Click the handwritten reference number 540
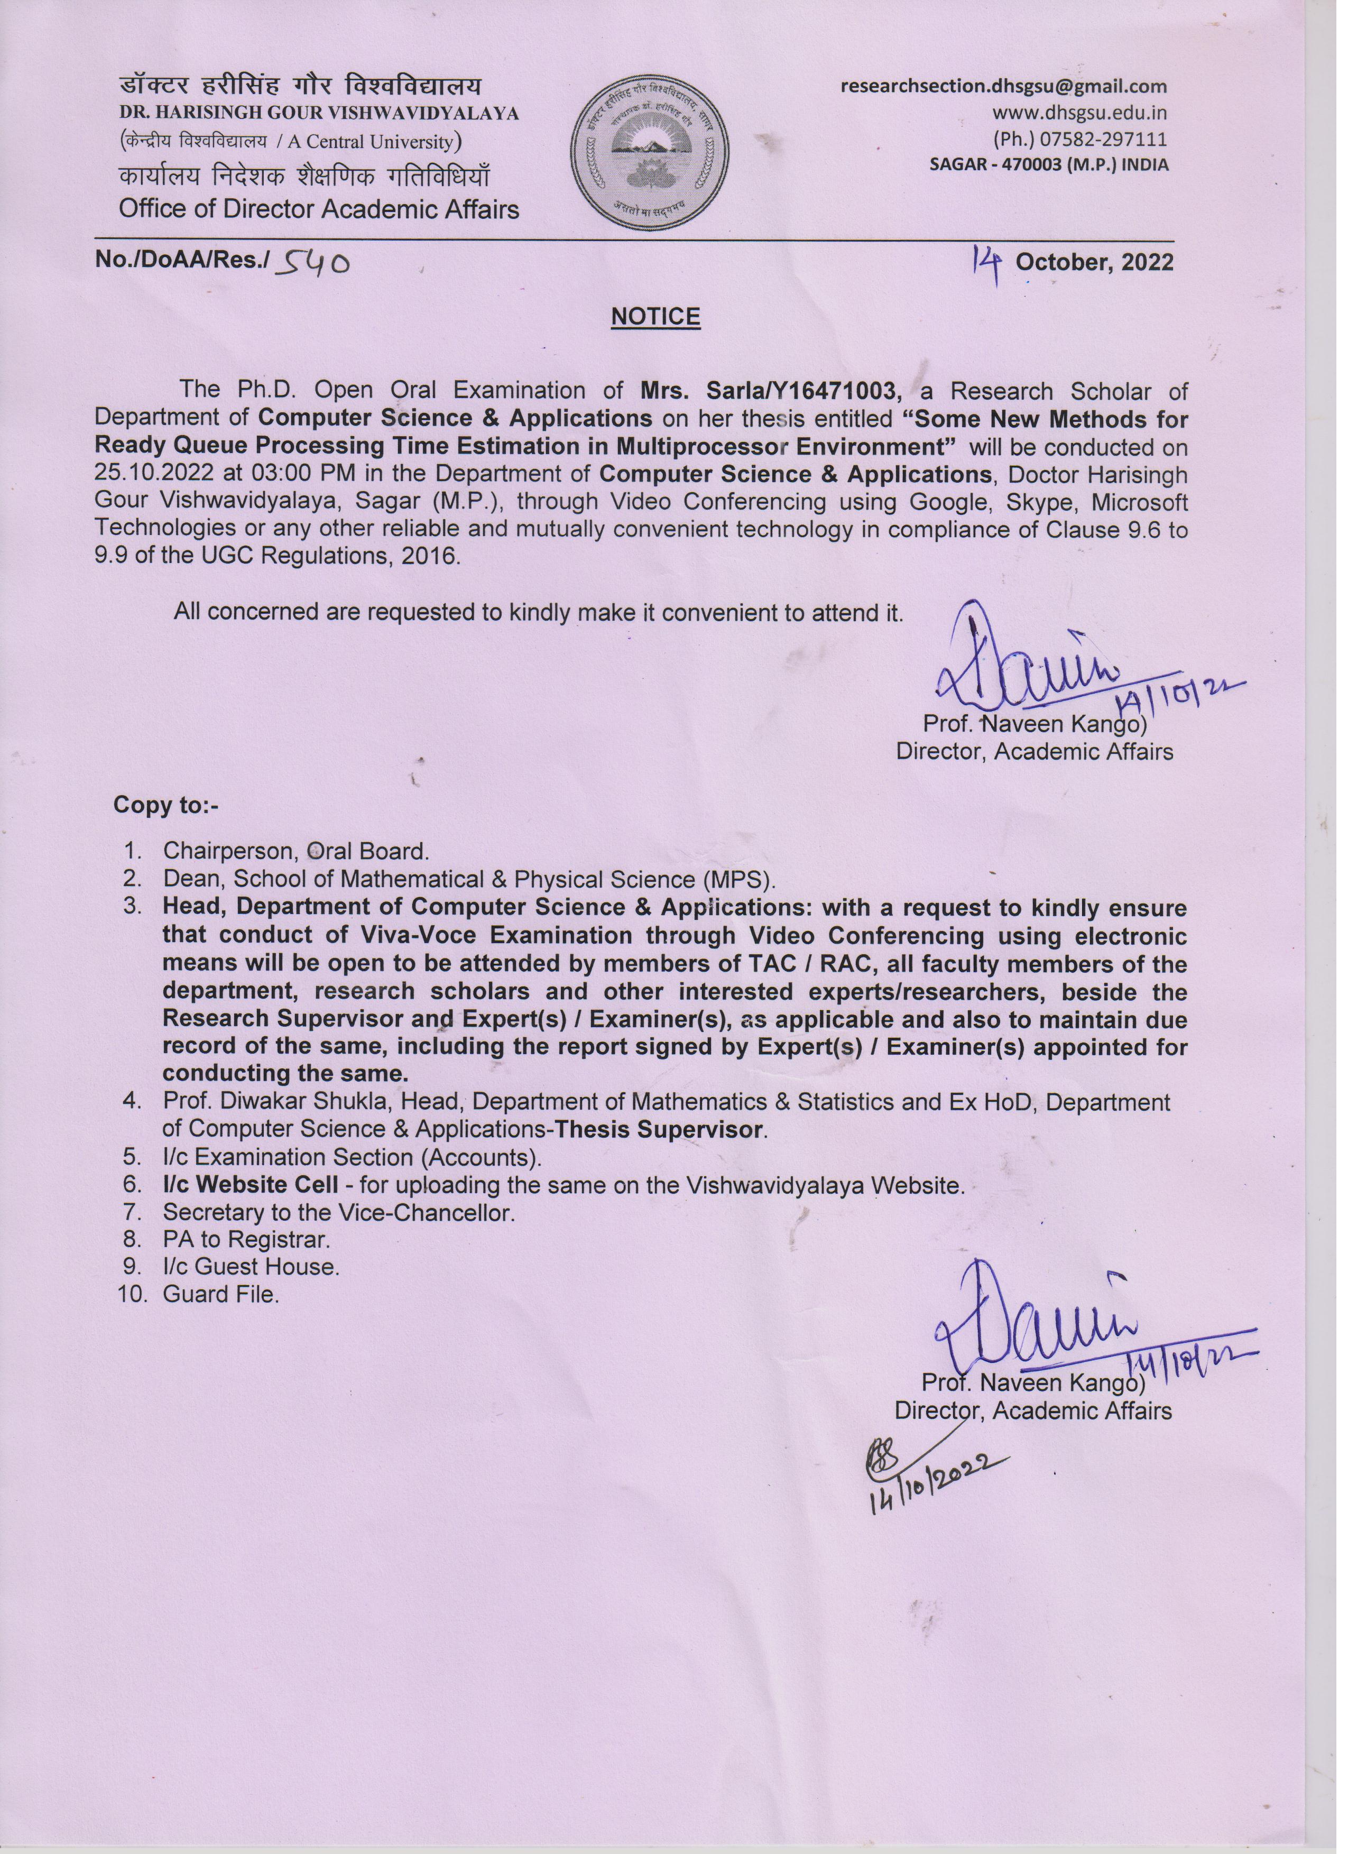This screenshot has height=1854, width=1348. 314,263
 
